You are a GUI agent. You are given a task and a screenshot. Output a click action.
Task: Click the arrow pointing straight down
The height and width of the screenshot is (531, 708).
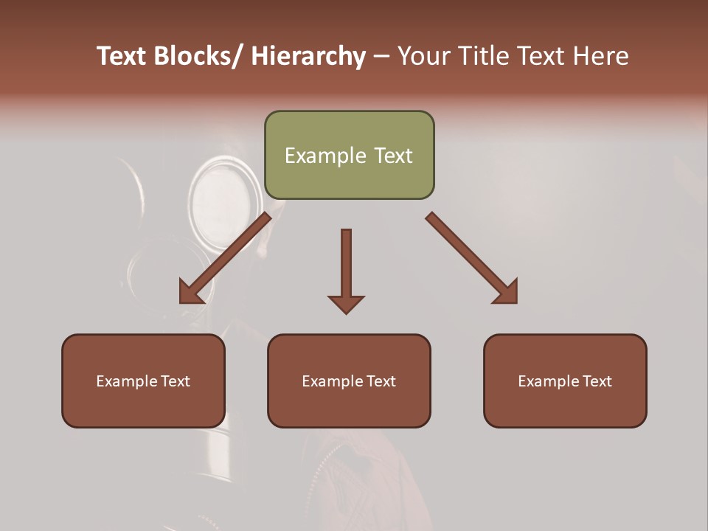[346, 269]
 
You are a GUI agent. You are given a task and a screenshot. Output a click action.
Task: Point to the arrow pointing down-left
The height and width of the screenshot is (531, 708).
[225, 258]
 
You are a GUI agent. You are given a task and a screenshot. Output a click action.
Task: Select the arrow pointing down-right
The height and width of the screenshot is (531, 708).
[472, 258]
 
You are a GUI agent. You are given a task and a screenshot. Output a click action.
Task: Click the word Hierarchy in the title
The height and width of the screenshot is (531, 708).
[308, 56]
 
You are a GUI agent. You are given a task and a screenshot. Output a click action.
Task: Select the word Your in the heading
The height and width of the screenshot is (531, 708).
[422, 56]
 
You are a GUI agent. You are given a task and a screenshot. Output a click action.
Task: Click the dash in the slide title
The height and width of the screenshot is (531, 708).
[381, 56]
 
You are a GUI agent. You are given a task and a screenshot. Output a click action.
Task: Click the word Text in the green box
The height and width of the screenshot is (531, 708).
[392, 156]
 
